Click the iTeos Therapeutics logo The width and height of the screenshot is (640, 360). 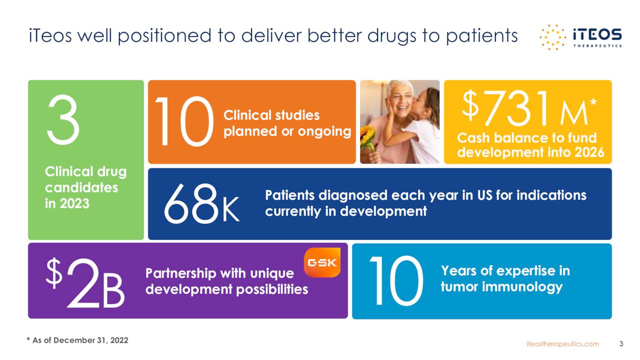tap(581, 37)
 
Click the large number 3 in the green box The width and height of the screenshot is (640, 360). tap(63, 121)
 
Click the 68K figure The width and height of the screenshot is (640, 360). tap(201, 204)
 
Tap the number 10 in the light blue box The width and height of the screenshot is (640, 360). tap(396, 281)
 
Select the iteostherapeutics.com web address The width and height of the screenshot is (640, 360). tap(563, 344)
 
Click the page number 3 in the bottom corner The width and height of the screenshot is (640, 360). tap(621, 344)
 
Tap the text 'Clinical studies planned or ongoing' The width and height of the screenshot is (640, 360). tap(287, 123)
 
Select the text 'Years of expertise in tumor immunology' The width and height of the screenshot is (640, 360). tap(505, 279)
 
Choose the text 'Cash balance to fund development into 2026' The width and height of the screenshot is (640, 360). tap(527, 145)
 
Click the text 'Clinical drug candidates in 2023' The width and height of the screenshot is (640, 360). tap(85, 187)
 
